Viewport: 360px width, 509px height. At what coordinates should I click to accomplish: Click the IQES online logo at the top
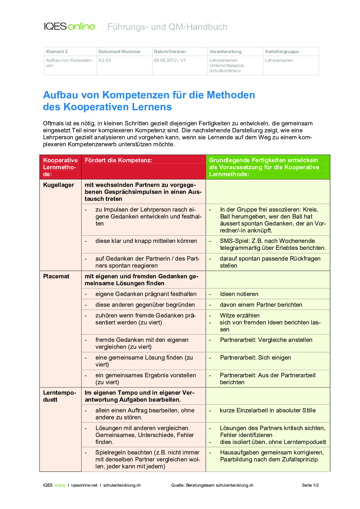tap(70, 26)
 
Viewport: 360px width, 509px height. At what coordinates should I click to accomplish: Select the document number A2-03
tap(105, 60)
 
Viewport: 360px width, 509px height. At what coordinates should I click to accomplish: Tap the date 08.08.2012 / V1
tap(170, 60)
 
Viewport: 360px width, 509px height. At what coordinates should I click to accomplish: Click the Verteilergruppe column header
tap(282, 52)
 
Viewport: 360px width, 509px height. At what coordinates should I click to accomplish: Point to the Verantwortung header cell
tap(225, 52)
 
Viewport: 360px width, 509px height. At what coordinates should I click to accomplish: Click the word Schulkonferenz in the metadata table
tap(225, 71)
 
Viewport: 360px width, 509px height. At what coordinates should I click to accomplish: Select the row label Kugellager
tap(58, 185)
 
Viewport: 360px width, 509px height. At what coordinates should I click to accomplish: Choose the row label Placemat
tap(56, 276)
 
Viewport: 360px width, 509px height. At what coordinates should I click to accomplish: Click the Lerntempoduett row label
tap(59, 396)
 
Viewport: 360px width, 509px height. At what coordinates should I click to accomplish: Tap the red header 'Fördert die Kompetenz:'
tap(118, 160)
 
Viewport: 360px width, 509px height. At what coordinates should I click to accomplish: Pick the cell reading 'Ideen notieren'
tap(239, 294)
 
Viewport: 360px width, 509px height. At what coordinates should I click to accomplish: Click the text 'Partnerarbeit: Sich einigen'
tap(255, 358)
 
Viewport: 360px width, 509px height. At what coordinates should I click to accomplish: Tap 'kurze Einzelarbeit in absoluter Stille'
tap(267, 410)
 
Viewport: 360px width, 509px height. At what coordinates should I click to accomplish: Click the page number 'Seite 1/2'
tap(310, 485)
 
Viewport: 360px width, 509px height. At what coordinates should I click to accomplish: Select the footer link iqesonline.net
tap(84, 485)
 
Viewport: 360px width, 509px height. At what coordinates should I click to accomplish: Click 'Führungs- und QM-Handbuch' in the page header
tap(167, 27)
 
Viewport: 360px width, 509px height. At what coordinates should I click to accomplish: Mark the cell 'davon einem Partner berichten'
tap(261, 305)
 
